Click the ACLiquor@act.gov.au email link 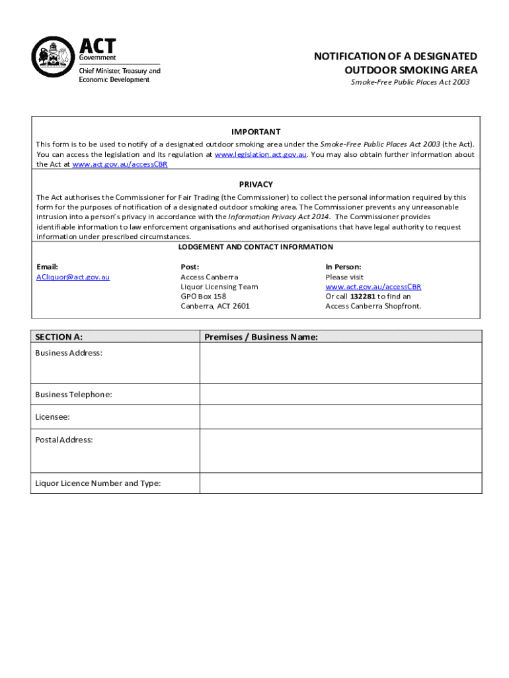[x=73, y=277]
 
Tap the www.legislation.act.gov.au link [x=260, y=154]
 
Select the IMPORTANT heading [x=256, y=132]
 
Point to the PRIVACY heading [x=256, y=184]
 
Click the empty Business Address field [x=340, y=363]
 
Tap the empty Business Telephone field [x=340, y=394]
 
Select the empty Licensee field [x=340, y=416]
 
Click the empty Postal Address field [x=340, y=450]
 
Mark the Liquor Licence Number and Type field [x=340, y=483]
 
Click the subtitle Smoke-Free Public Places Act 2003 [x=410, y=83]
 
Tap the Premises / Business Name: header [x=261, y=337]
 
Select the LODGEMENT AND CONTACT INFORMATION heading [x=256, y=247]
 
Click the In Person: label [x=343, y=267]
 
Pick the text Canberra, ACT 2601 [x=215, y=307]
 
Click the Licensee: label [x=52, y=417]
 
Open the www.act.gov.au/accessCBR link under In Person [x=373, y=287]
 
